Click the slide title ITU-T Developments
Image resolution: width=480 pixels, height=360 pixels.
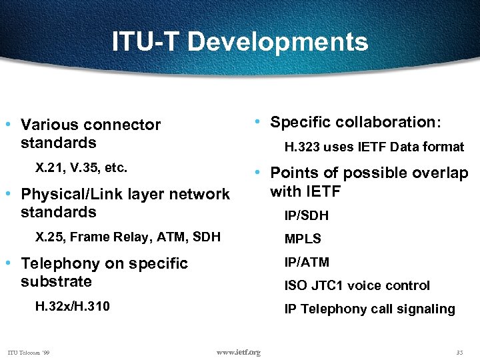pyautogui.click(x=239, y=41)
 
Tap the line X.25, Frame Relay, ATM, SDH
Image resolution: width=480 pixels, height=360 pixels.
pyautogui.click(x=127, y=236)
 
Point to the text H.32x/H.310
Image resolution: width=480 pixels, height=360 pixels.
pyautogui.click(x=72, y=306)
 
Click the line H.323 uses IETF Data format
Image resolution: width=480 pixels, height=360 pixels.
pyautogui.click(x=374, y=147)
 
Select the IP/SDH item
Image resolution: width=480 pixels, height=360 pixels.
pyautogui.click(x=306, y=216)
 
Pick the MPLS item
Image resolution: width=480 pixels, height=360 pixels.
pyautogui.click(x=303, y=239)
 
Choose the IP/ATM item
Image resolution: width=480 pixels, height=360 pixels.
pyautogui.click(x=307, y=262)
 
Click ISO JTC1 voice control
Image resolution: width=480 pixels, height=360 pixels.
pyautogui.click(x=357, y=285)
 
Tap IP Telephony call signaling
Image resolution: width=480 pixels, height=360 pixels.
pyautogui.click(x=369, y=309)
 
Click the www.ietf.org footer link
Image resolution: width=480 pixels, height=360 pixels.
pyautogui.click(x=239, y=352)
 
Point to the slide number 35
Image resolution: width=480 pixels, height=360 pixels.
pyautogui.click(x=459, y=352)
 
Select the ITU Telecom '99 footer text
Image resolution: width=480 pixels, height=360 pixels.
pyautogui.click(x=29, y=352)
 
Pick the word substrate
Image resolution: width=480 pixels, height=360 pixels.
pyautogui.click(x=56, y=281)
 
